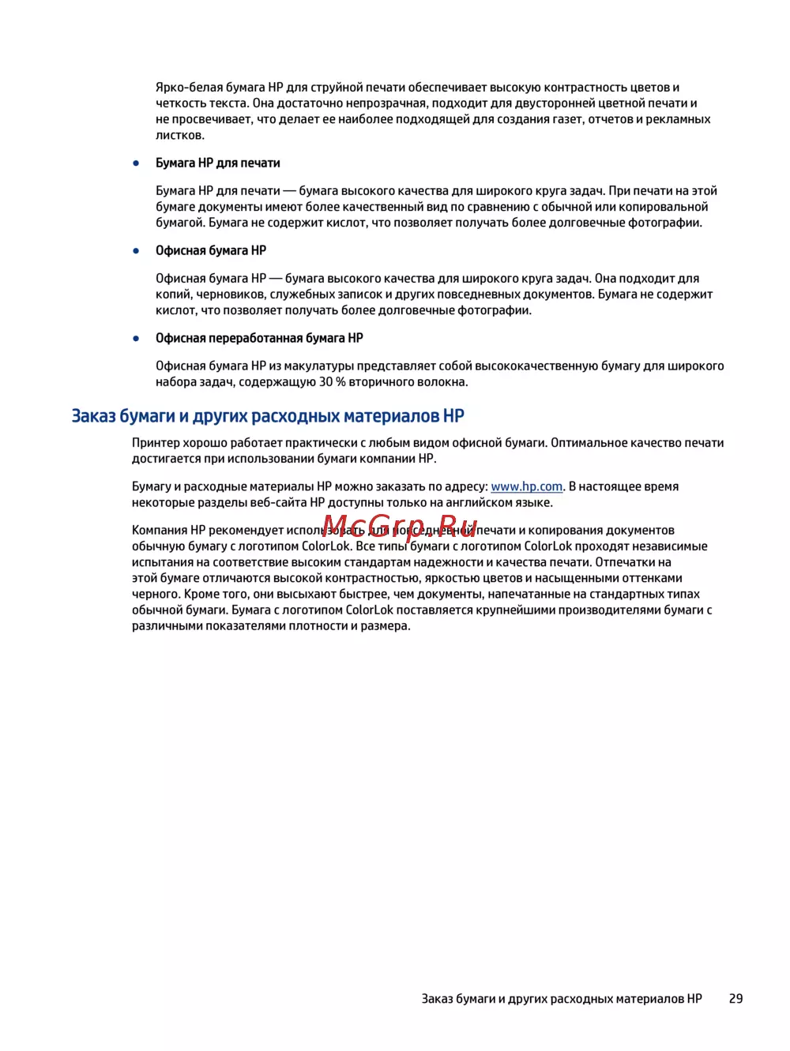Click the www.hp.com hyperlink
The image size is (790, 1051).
pyautogui.click(x=526, y=487)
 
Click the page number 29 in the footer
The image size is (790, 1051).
pyautogui.click(x=735, y=999)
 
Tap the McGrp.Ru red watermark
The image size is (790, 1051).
pyautogui.click(x=401, y=525)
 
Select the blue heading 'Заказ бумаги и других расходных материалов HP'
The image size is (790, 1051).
pyautogui.click(x=268, y=416)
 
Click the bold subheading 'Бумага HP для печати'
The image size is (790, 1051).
pyautogui.click(x=217, y=163)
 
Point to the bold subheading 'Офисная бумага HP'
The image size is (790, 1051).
pyautogui.click(x=210, y=251)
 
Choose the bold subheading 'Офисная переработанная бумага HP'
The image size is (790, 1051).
pyautogui.click(x=259, y=339)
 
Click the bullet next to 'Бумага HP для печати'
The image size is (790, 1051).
pyautogui.click(x=137, y=163)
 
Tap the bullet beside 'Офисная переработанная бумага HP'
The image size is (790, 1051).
pyautogui.click(x=137, y=339)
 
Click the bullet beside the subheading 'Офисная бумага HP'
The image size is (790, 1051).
pyautogui.click(x=137, y=251)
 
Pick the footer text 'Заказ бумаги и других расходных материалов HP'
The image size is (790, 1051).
pyautogui.click(x=561, y=999)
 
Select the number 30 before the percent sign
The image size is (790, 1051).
pyautogui.click(x=325, y=382)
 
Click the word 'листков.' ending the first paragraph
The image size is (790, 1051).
pyautogui.click(x=179, y=136)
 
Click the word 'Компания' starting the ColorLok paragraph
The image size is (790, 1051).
pyautogui.click(x=159, y=531)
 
